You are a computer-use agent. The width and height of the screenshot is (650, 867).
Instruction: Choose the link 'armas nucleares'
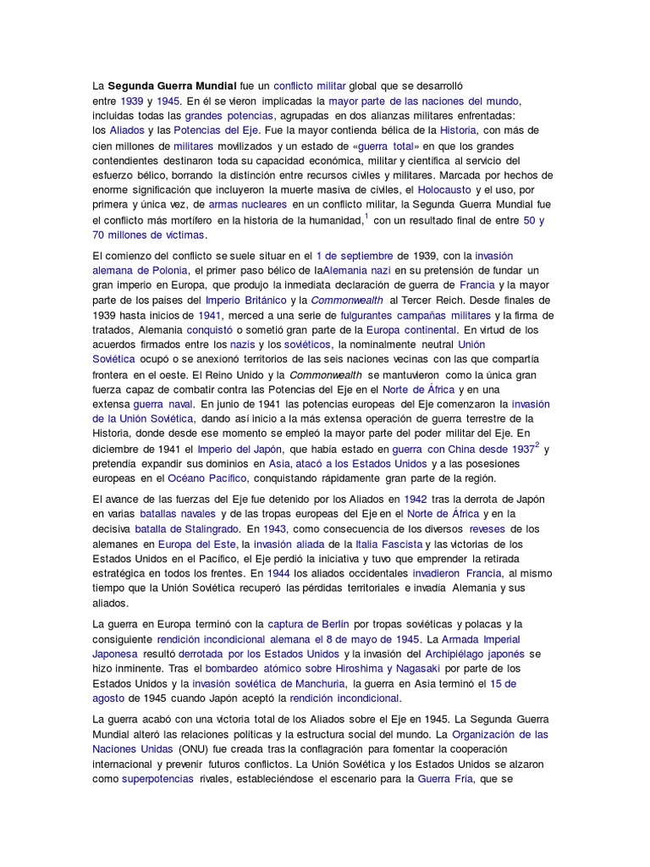pyautogui.click(x=245, y=204)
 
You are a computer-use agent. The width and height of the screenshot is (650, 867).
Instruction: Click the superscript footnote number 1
pyautogui.click(x=366, y=217)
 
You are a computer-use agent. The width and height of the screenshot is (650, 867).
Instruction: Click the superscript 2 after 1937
pyautogui.click(x=537, y=445)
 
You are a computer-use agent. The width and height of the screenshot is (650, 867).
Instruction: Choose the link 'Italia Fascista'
pyautogui.click(x=411, y=544)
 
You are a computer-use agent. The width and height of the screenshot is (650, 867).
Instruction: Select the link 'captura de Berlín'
pyautogui.click(x=308, y=624)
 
